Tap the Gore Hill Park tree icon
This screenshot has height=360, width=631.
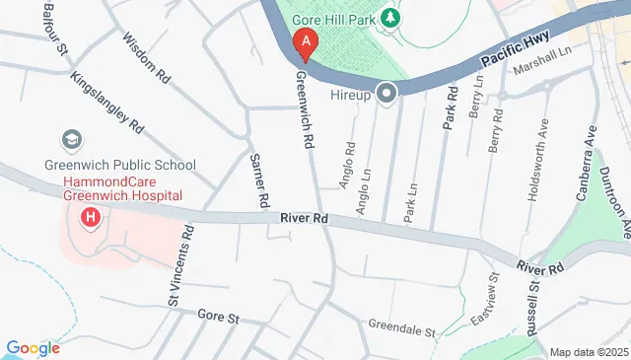391,18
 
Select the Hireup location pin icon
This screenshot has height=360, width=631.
386,95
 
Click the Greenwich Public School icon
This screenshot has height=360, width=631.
72,141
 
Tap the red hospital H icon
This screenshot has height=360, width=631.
91,216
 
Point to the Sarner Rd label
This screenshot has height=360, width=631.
259,180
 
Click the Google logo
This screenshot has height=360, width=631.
34,347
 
